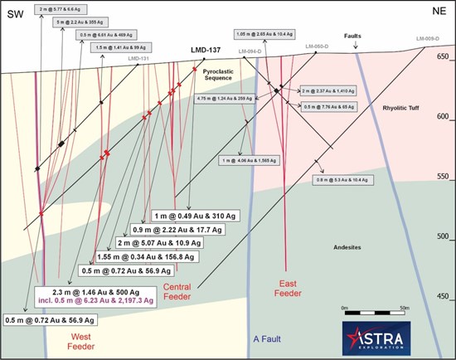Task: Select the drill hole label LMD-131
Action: click(139, 59)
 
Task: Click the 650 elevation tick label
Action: click(443, 57)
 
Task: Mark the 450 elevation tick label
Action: click(443, 296)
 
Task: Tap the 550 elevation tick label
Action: click(443, 177)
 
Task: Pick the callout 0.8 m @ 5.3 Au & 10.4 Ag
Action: click(351, 179)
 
